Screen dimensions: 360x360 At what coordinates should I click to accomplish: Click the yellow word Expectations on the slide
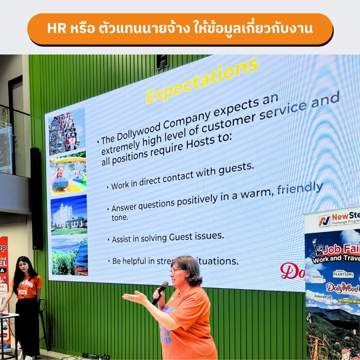point(202,80)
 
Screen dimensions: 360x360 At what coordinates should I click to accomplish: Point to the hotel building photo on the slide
point(69,215)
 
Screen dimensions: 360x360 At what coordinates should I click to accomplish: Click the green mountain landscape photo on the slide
point(70,257)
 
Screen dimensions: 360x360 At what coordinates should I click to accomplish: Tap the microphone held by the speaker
point(160,293)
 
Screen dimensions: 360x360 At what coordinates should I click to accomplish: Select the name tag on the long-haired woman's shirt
point(23,291)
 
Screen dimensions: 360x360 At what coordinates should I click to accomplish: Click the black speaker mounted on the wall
point(36,198)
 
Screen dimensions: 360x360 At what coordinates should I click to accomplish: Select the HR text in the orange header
point(57,29)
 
